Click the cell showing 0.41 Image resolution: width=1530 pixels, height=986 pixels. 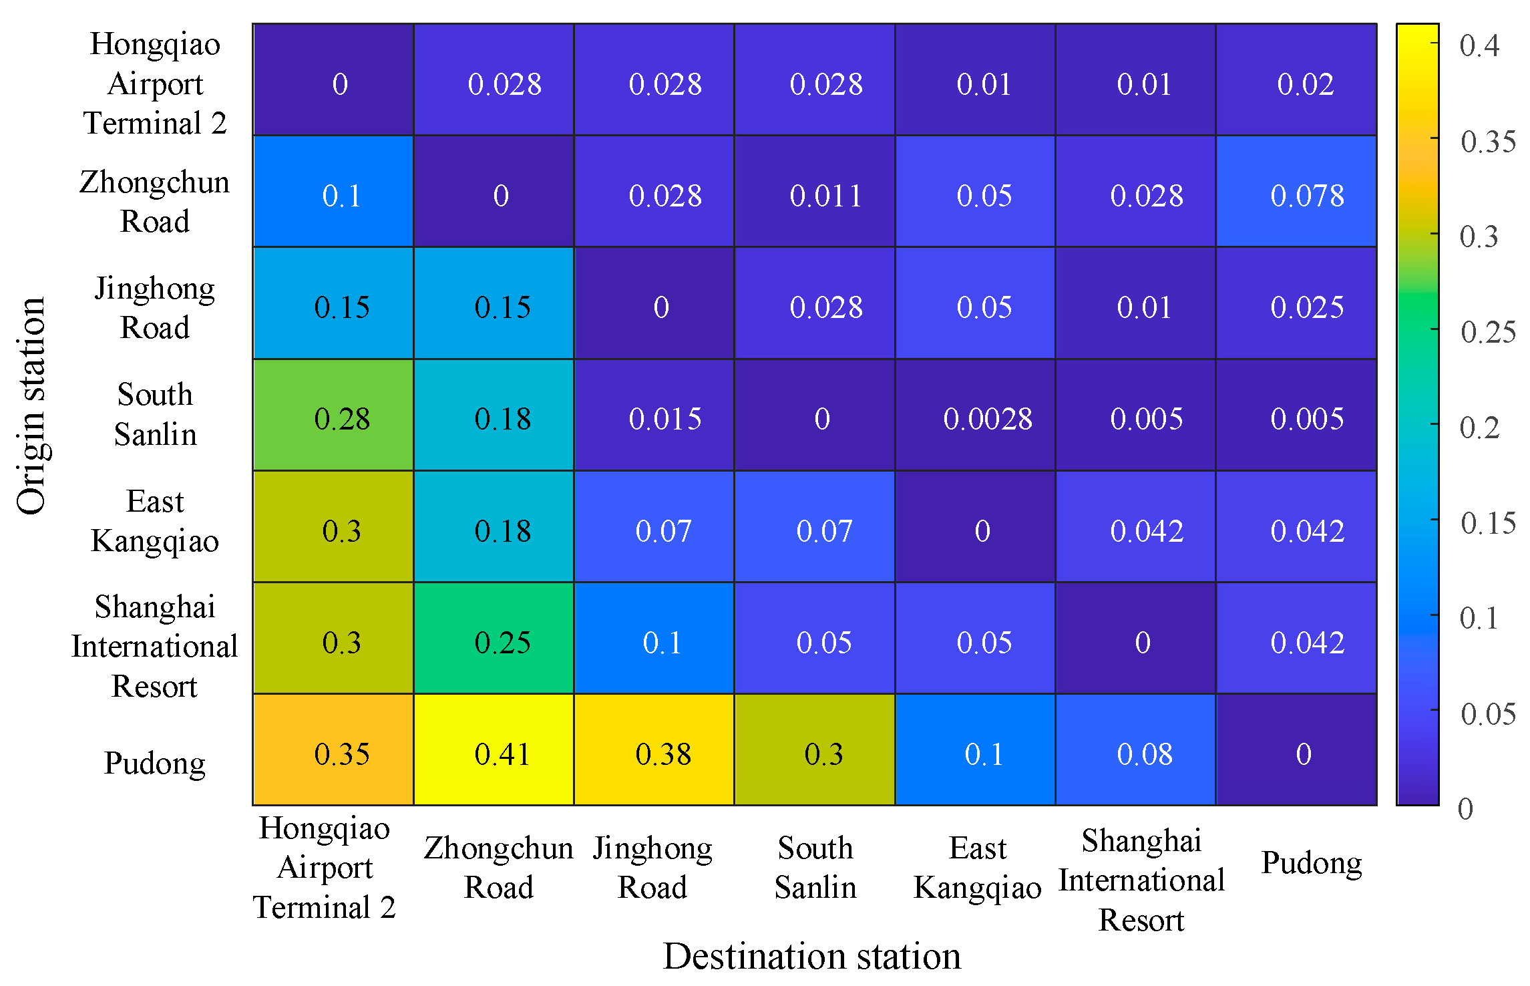[494, 750]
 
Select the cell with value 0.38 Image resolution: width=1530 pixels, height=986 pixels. [654, 750]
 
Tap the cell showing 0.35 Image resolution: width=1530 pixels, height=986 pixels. [333, 750]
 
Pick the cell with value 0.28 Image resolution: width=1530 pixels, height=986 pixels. [333, 415]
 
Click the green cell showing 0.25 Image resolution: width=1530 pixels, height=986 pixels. [494, 638]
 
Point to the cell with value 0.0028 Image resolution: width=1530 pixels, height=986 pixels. [975, 415]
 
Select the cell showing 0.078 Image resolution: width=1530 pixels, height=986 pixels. [1296, 192]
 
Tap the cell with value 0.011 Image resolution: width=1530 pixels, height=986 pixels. [815, 192]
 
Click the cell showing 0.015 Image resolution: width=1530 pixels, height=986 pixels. [654, 415]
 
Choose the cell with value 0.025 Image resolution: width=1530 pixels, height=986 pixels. [1296, 303]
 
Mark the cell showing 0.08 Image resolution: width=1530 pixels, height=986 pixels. [1135, 750]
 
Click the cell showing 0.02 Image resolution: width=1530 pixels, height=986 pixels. [1296, 80]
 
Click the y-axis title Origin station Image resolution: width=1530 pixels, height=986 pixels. [31, 405]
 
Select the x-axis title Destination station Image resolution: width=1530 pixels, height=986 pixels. [812, 956]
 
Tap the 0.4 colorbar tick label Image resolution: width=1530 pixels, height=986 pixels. [1478, 45]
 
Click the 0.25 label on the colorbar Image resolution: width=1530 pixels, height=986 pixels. [1487, 332]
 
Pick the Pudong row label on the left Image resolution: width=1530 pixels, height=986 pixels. [155, 762]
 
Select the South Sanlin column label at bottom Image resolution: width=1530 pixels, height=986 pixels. [815, 867]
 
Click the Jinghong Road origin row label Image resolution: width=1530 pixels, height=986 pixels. [155, 307]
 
